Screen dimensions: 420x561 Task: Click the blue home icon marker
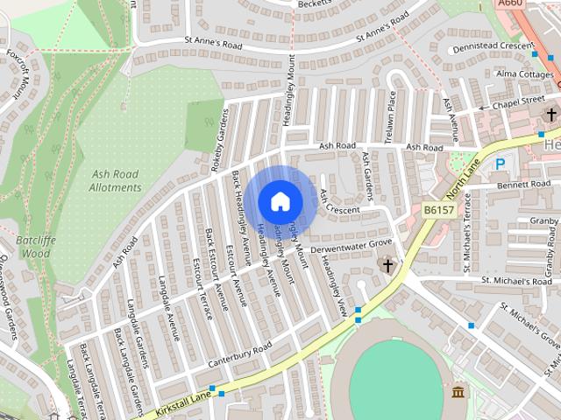280,201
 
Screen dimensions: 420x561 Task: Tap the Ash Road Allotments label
116,180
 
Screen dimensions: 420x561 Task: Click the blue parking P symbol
501,164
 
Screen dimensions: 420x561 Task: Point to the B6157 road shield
437,210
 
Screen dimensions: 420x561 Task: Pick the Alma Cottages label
525,75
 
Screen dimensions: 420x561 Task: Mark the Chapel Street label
516,101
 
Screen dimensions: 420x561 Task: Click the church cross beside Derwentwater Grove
387,264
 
